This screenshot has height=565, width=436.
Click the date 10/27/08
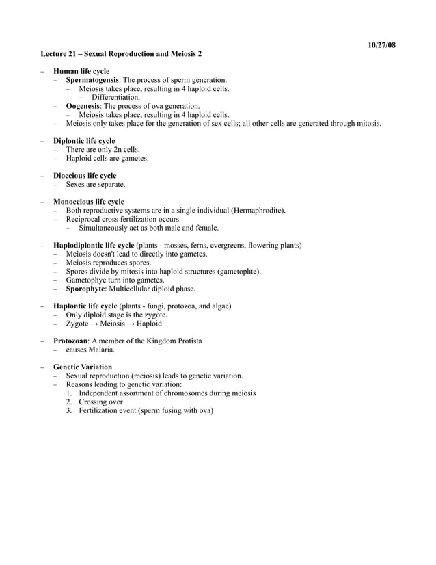[381, 45]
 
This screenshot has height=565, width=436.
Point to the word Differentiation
[115, 97]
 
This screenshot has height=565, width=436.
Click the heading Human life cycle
[81, 71]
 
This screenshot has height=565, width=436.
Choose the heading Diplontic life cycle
[84, 141]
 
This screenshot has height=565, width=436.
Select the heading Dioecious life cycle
[85, 176]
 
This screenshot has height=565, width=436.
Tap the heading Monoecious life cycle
[89, 202]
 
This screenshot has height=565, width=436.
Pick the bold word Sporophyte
[85, 289]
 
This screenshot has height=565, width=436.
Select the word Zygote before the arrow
[77, 324]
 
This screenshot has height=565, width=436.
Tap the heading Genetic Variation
[83, 367]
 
